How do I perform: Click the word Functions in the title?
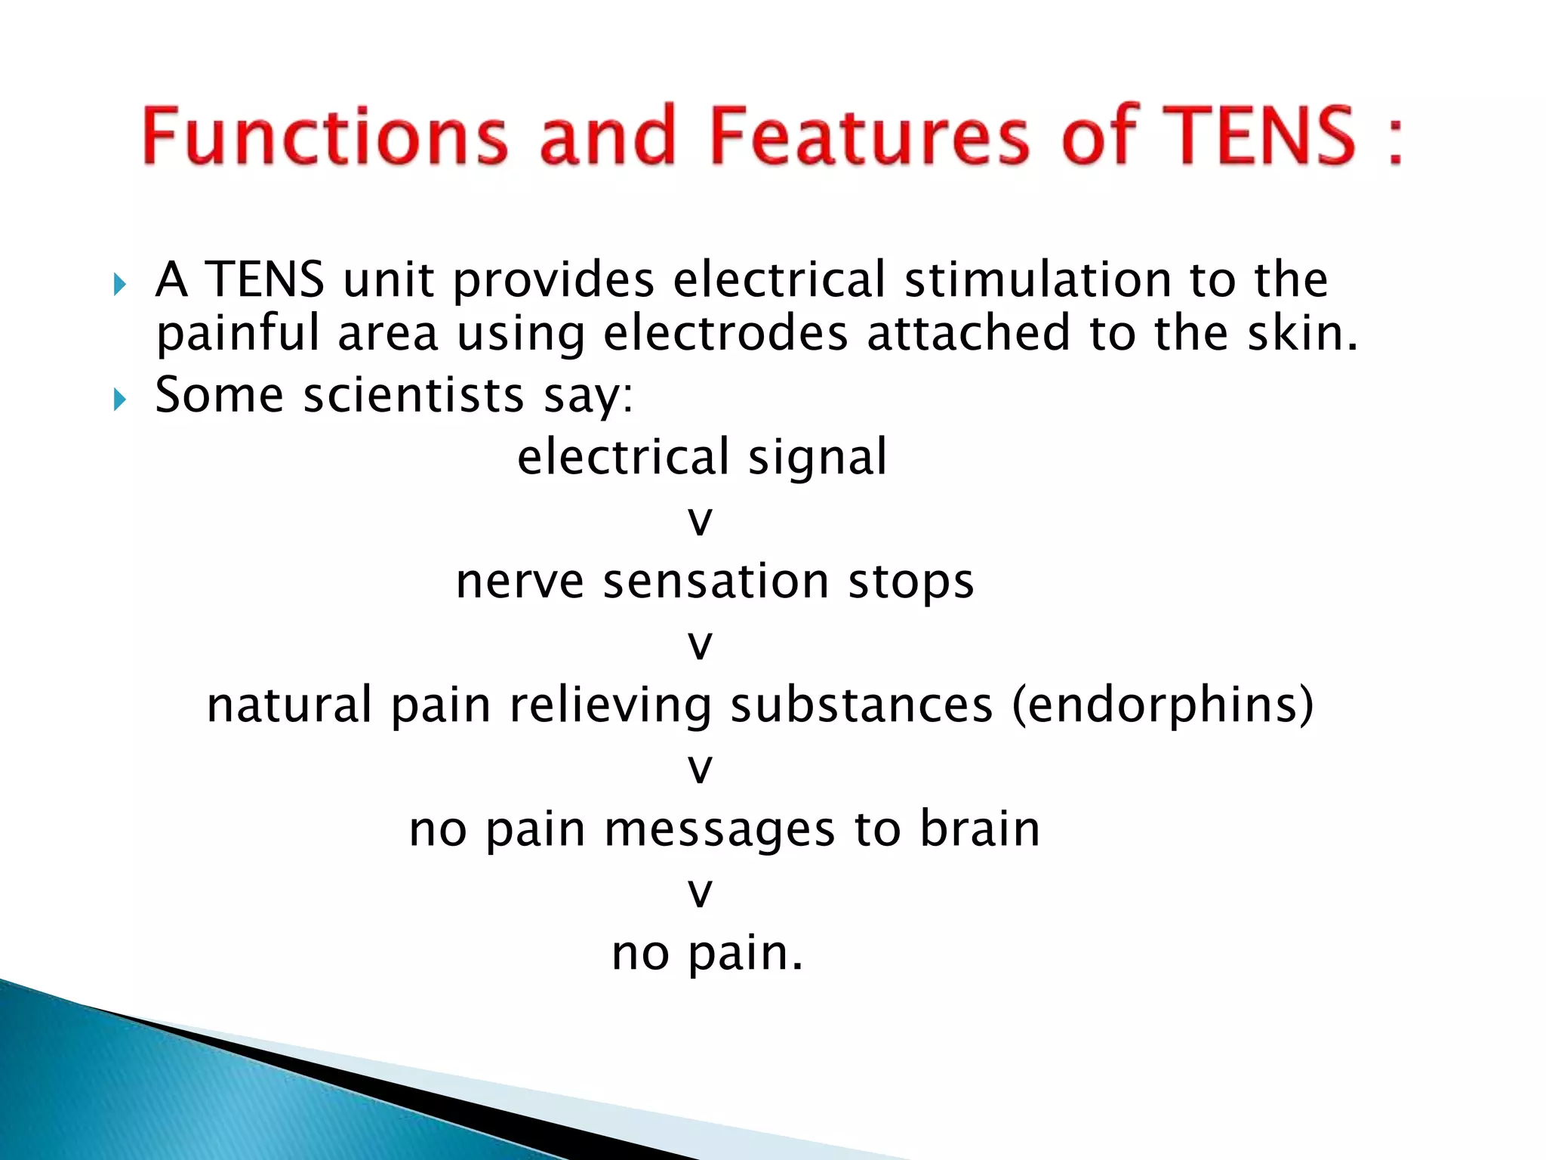pyautogui.click(x=325, y=136)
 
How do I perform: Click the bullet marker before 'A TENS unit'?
pyautogui.click(x=119, y=285)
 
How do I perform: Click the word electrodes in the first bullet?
pyautogui.click(x=725, y=333)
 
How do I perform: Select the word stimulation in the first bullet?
pyautogui.click(x=1038, y=279)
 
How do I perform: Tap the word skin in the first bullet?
pyautogui.click(x=1302, y=333)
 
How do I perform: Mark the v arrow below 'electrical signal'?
pyautogui.click(x=701, y=521)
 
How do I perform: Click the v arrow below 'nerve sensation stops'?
pyautogui.click(x=701, y=645)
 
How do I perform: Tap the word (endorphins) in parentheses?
pyautogui.click(x=1163, y=705)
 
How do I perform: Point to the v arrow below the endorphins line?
pyautogui.click(x=701, y=769)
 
